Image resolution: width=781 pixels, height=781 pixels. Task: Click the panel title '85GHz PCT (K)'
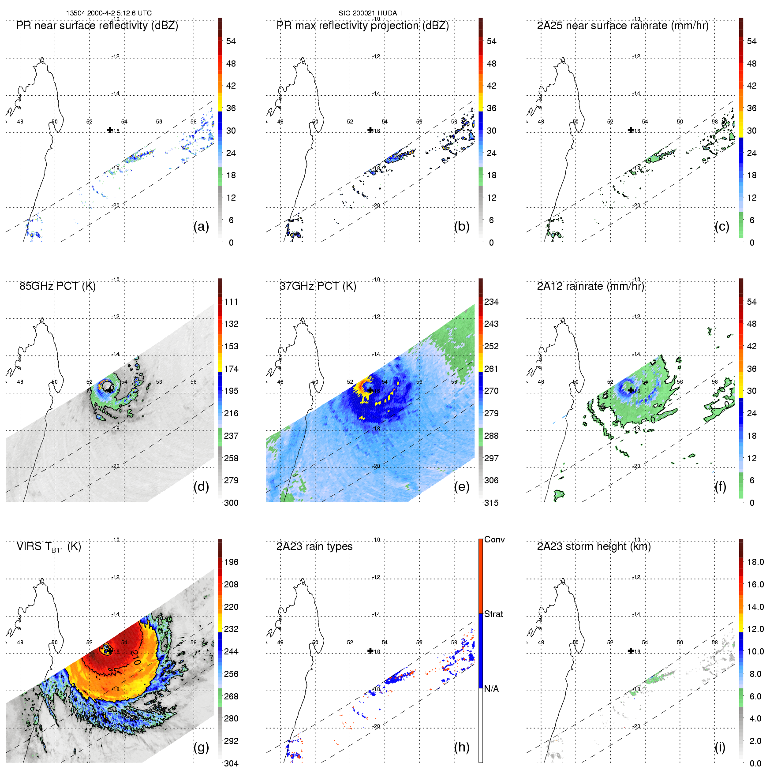pyautogui.click(x=57, y=286)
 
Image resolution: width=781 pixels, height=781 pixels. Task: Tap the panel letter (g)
pyautogui.click(x=201, y=747)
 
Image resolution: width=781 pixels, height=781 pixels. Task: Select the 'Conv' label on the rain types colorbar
pyautogui.click(x=494, y=539)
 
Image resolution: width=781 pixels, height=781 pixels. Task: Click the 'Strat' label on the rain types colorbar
pyautogui.click(x=493, y=614)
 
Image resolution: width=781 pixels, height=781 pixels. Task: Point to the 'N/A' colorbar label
pyautogui.click(x=491, y=689)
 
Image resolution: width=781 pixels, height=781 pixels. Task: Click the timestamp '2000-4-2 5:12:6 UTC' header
pyautogui.click(x=119, y=13)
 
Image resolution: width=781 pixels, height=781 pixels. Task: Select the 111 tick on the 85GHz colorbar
pyautogui.click(x=231, y=302)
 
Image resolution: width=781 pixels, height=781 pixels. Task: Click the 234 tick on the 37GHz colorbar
pyautogui.click(x=491, y=302)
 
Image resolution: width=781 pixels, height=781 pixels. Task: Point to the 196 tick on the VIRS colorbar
pyautogui.click(x=231, y=562)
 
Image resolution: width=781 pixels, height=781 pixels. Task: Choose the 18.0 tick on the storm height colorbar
pyautogui.click(x=755, y=562)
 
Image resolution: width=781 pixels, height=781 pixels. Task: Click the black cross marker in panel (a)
pyautogui.click(x=110, y=130)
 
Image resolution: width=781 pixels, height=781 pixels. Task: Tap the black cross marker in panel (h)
pyautogui.click(x=370, y=651)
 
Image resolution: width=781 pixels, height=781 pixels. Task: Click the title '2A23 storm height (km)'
pyautogui.click(x=594, y=546)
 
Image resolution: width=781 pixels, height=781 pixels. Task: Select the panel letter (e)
pyautogui.click(x=461, y=486)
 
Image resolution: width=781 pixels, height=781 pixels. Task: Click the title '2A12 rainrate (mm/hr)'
pyautogui.click(x=590, y=286)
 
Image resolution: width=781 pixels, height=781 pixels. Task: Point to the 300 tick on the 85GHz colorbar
pyautogui.click(x=231, y=503)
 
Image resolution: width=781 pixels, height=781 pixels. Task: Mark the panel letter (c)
pyautogui.click(x=721, y=226)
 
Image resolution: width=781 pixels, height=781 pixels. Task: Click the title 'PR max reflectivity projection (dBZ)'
pyautogui.click(x=362, y=26)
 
